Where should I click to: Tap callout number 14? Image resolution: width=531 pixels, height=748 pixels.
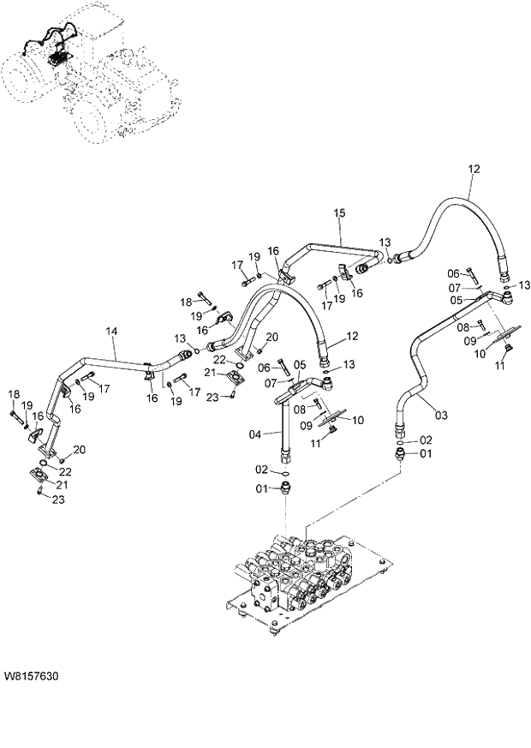click(x=111, y=331)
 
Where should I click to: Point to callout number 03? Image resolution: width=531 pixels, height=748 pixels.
click(x=441, y=416)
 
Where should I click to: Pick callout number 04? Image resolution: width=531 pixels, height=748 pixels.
click(x=254, y=434)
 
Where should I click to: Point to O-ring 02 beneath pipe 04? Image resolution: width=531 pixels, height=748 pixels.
click(x=283, y=471)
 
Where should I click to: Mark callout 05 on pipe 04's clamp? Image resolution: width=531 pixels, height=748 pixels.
click(x=299, y=364)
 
